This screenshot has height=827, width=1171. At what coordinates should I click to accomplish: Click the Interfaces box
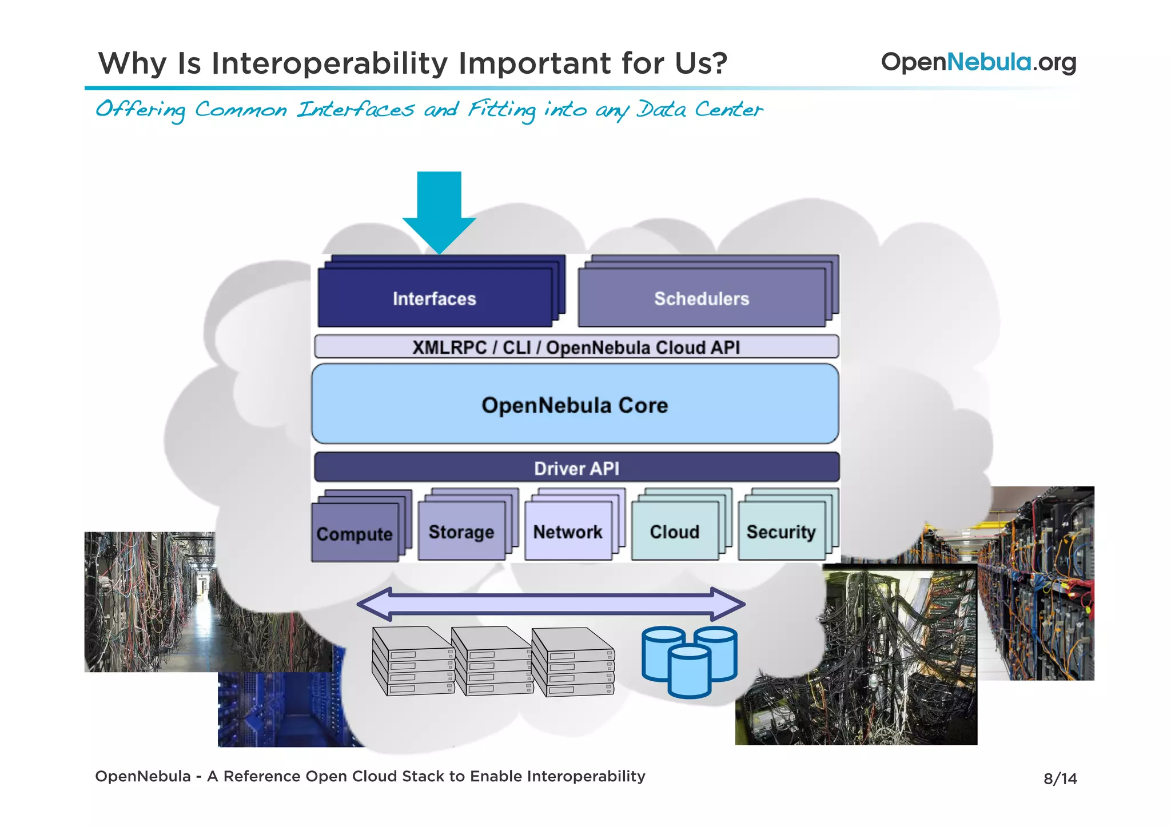coord(435,298)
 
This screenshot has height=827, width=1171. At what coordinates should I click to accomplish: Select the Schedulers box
coord(702,298)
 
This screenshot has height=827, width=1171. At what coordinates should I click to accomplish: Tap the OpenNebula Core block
coord(575,405)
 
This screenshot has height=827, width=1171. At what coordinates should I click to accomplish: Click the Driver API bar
coord(576,468)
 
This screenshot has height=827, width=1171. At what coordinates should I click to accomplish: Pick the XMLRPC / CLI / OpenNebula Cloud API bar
coord(576,347)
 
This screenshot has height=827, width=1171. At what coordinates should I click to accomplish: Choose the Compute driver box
coord(355,533)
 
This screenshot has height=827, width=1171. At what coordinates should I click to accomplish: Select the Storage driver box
coord(461,531)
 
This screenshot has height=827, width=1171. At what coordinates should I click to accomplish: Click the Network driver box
coord(568,531)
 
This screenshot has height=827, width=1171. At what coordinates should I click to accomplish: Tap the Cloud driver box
coord(675,531)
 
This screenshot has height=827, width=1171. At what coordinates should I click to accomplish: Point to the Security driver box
coord(781,531)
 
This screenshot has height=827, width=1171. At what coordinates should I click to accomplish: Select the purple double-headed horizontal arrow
coord(551,604)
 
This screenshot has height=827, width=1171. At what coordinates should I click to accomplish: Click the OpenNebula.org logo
coord(978,62)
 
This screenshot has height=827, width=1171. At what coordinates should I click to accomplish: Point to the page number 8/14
coord(1060,778)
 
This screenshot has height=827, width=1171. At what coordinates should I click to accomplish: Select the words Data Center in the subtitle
coord(700,109)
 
